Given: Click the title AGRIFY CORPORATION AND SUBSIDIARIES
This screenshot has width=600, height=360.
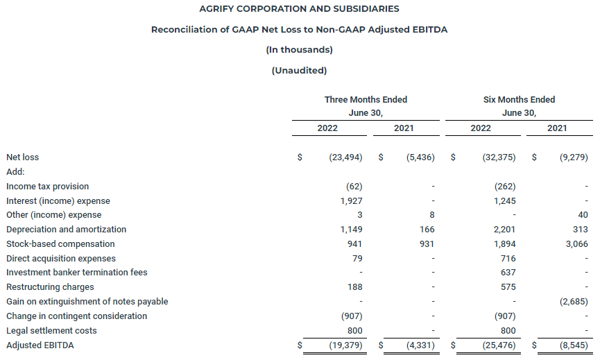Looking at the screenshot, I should (299, 9).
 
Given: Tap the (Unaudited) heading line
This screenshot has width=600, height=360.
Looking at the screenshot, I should (299, 70).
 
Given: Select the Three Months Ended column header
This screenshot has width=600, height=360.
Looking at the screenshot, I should (366, 100).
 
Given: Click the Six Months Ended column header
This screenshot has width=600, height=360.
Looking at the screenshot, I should (519, 100).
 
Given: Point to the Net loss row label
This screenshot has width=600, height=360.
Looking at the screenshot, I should (22, 157).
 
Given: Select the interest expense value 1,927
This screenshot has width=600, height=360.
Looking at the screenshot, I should (350, 201).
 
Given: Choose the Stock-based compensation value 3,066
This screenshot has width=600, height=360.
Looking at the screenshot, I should (575, 244).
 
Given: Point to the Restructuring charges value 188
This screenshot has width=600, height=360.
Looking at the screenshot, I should (354, 287).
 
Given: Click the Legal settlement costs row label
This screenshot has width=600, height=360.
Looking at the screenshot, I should (51, 331).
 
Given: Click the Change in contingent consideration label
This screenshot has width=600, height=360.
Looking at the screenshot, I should (76, 316).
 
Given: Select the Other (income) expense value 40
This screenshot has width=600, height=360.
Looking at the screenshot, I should (582, 215).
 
